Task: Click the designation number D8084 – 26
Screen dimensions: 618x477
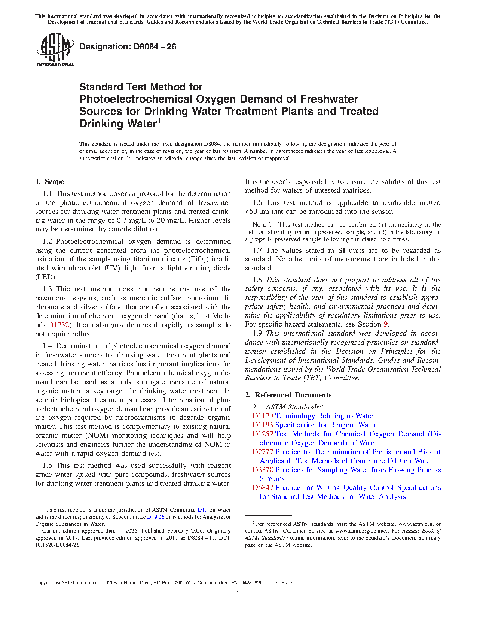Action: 128,47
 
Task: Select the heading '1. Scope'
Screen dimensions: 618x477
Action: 50,182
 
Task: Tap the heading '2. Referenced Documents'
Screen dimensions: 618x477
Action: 288,395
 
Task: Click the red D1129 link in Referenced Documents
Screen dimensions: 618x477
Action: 263,416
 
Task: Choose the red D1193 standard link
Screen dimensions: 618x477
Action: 263,425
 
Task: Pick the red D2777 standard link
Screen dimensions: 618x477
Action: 263,452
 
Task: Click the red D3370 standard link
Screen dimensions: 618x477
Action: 263,470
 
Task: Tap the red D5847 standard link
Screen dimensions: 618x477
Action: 263,488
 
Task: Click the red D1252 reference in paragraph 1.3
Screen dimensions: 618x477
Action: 58,325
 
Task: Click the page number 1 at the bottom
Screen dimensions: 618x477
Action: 238,594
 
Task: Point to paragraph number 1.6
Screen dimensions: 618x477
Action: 257,203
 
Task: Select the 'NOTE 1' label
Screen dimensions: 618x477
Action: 259,225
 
